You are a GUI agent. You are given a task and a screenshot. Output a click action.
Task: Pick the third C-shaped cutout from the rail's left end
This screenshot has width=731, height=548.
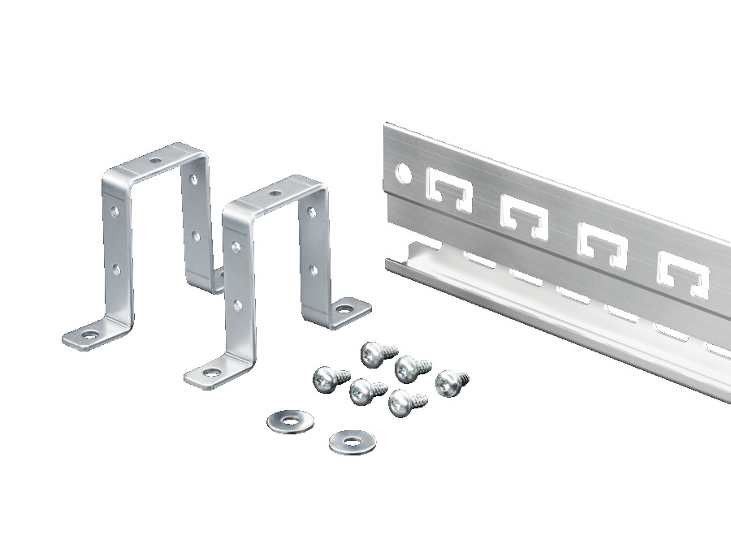[x=601, y=243]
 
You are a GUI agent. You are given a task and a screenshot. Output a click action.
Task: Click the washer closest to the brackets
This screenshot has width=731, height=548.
[x=289, y=421]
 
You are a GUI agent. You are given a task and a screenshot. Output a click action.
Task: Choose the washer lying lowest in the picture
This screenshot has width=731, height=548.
[x=351, y=441]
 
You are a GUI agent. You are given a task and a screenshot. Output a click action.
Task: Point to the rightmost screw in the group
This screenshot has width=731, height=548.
[x=450, y=382]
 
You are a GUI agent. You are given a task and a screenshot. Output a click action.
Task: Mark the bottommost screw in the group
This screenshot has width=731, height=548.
[x=401, y=402]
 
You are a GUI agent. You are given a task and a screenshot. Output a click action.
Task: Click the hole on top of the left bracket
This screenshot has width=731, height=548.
[x=155, y=162]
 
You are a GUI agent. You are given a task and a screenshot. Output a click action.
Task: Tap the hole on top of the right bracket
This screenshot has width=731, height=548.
[x=275, y=194]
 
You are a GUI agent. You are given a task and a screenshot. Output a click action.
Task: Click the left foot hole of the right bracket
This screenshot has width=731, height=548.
[x=211, y=373]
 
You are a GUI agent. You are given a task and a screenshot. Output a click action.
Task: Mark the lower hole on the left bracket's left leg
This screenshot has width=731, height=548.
[x=117, y=267]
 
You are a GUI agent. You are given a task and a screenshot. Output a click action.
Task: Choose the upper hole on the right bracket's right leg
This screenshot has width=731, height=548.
[x=312, y=213]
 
